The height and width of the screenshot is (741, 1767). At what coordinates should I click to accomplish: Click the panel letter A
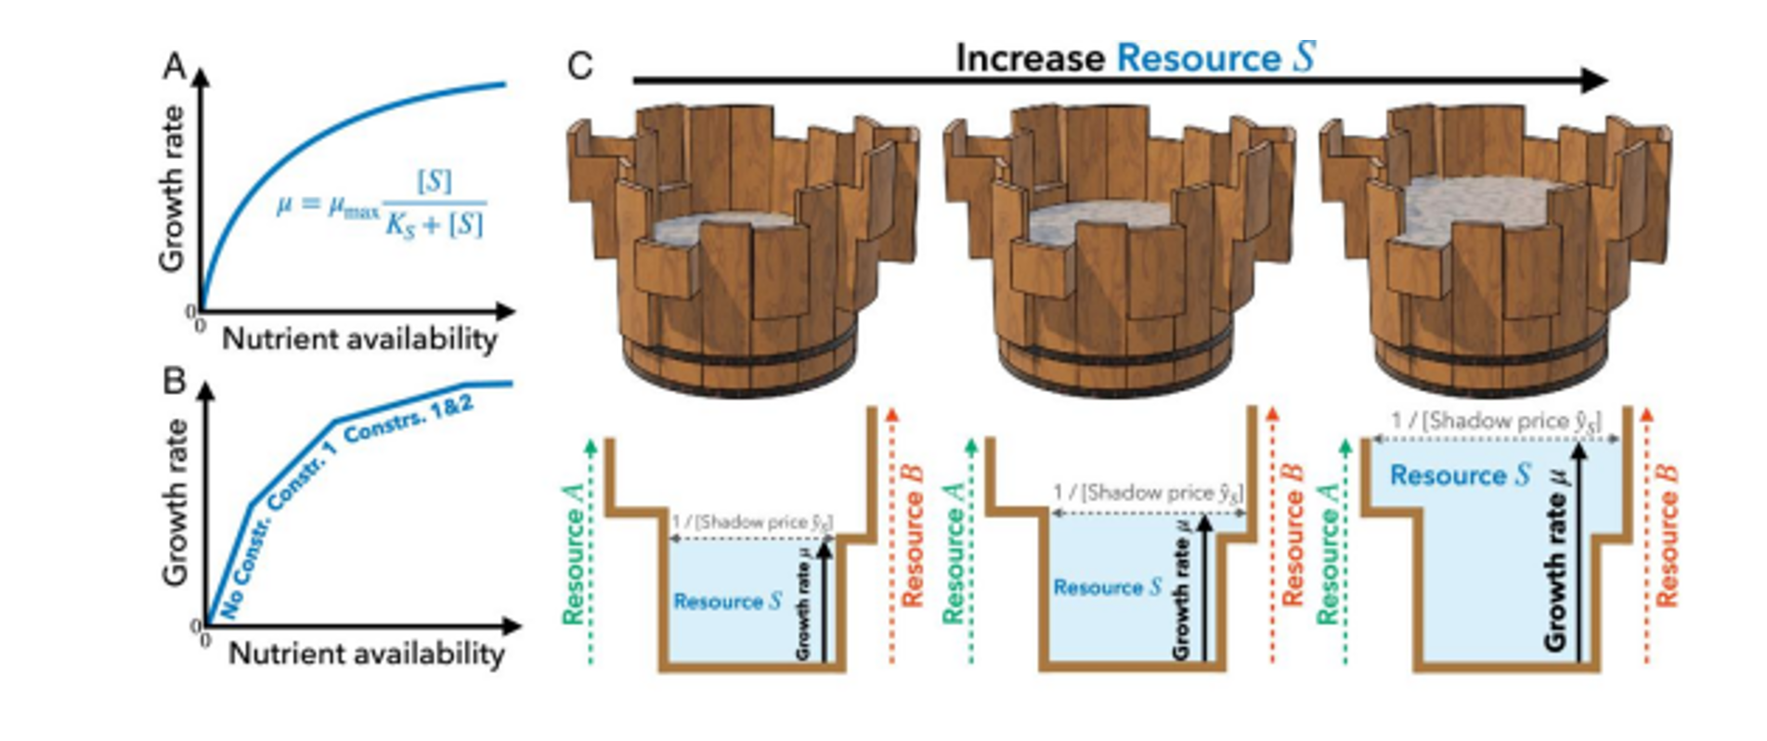tap(174, 66)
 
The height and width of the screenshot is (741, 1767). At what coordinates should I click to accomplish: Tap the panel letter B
tap(174, 381)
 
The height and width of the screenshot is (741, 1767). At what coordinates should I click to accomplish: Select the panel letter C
tap(579, 66)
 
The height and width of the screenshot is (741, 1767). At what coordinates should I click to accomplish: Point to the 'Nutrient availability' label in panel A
tap(359, 339)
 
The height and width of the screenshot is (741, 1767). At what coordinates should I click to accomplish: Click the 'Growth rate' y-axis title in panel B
tap(175, 502)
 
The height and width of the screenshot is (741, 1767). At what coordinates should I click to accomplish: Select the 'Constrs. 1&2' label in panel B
tap(409, 419)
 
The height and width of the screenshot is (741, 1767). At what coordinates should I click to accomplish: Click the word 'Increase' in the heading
tap(1030, 58)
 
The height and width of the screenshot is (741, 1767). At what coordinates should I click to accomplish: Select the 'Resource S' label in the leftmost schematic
tap(728, 602)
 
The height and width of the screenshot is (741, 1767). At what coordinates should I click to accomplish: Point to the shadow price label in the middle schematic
tap(1148, 493)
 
